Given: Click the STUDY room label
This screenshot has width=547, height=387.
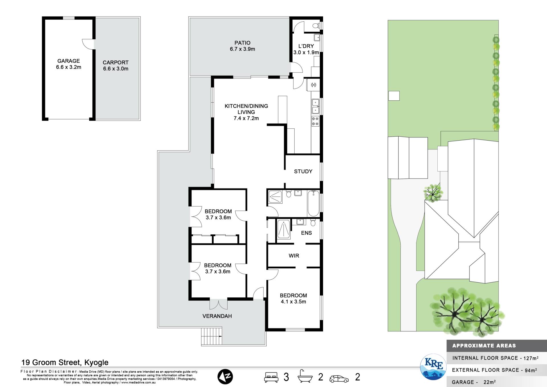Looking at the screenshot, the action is [303, 171].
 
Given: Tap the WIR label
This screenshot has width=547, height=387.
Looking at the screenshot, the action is [294, 256].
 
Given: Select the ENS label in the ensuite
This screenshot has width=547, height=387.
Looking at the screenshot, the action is [307, 233].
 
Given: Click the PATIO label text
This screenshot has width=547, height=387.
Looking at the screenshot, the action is [242, 43].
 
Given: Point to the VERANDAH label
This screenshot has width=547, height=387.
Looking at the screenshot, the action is [217, 316].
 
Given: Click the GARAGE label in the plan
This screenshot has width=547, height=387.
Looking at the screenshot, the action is [69, 61].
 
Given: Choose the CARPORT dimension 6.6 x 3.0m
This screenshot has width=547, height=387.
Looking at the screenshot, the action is [116, 69].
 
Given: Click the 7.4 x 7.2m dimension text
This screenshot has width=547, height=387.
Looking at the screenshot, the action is [246, 118].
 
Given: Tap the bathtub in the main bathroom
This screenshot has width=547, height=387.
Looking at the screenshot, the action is [313, 203].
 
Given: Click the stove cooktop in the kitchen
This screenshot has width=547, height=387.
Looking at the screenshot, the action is [315, 121].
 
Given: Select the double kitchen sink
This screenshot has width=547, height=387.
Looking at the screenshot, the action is [315, 106].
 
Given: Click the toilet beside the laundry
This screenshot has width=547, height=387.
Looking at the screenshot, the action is [316, 26].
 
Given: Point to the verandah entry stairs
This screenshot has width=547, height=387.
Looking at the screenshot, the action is [211, 337].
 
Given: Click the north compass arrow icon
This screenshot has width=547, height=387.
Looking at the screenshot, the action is [225, 377].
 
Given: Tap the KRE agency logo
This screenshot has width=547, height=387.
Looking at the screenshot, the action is [434, 367].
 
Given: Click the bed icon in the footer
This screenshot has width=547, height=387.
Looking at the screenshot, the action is [271, 377].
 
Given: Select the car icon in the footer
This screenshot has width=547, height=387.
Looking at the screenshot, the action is [339, 379].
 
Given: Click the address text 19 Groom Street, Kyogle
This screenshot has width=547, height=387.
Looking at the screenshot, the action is [65, 362].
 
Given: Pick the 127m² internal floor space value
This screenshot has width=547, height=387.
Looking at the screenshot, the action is [531, 358].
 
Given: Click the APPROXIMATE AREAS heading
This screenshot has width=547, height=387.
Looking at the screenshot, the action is [484, 346].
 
